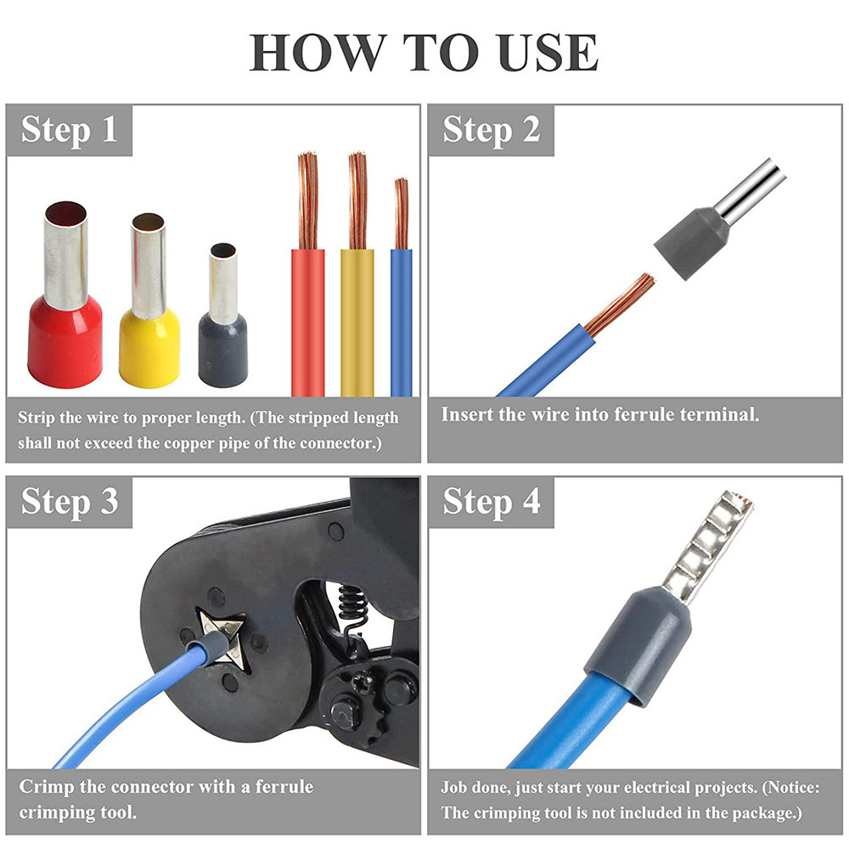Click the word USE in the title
pos(548,52)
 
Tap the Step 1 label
pos(69,130)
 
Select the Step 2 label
pos(491,130)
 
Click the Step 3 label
pos(70,502)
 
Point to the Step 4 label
pos(491,502)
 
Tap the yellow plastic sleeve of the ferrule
pos(149,348)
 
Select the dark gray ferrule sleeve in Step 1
pos(223,351)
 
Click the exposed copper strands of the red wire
pos(307,201)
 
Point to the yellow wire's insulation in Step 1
pos(357,323)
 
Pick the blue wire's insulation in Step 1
pos(402,323)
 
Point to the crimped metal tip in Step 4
pos(707,547)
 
